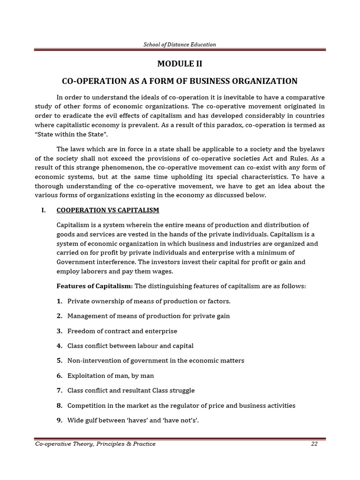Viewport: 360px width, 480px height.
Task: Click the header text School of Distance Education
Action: (180, 45)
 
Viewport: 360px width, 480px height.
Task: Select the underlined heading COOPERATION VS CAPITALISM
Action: (108, 210)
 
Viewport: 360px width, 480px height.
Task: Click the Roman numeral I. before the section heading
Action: (44, 210)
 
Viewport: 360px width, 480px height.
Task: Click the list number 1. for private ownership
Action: (60, 301)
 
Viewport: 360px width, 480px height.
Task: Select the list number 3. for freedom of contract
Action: (60, 331)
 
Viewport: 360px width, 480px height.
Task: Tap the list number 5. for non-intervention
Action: (60, 360)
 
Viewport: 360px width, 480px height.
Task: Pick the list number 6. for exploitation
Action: (60, 375)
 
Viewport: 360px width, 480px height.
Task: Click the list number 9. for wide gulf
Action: (60, 420)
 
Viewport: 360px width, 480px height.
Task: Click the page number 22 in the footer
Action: (314, 444)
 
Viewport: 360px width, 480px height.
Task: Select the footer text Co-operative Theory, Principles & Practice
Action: (95, 444)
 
